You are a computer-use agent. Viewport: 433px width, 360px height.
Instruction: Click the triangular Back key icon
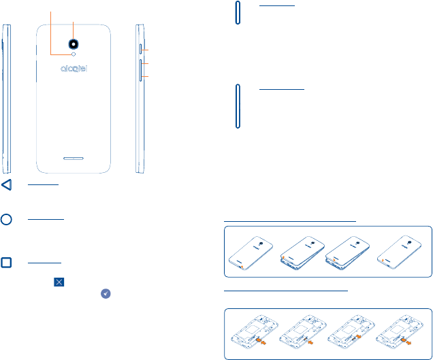click(6, 186)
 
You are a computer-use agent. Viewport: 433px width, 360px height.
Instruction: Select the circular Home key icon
click(6, 219)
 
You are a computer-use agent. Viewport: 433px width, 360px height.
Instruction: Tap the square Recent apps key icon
click(6, 263)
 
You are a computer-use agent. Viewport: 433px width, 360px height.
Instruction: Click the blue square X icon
click(59, 280)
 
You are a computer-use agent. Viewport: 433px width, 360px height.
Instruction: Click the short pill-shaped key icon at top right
click(238, 14)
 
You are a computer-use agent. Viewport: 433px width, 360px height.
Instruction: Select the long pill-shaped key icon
click(238, 106)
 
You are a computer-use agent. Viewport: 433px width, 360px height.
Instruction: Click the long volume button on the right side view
click(141, 69)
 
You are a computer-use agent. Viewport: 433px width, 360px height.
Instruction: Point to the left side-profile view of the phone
click(6, 99)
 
